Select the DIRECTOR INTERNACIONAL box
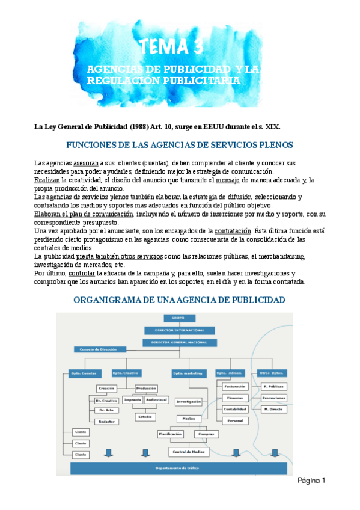tap(177, 330)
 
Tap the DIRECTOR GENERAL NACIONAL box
tap(177, 342)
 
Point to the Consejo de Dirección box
tap(100, 349)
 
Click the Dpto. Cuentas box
tap(83, 373)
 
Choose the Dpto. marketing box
tap(188, 373)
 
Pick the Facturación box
tap(235, 386)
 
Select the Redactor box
tap(106, 422)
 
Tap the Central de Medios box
tap(188, 452)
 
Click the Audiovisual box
tap(156, 399)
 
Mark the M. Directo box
tap(274, 409)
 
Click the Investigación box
tap(188, 401)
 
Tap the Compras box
tap(205, 434)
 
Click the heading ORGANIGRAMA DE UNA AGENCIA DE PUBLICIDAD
tap(178, 300)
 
